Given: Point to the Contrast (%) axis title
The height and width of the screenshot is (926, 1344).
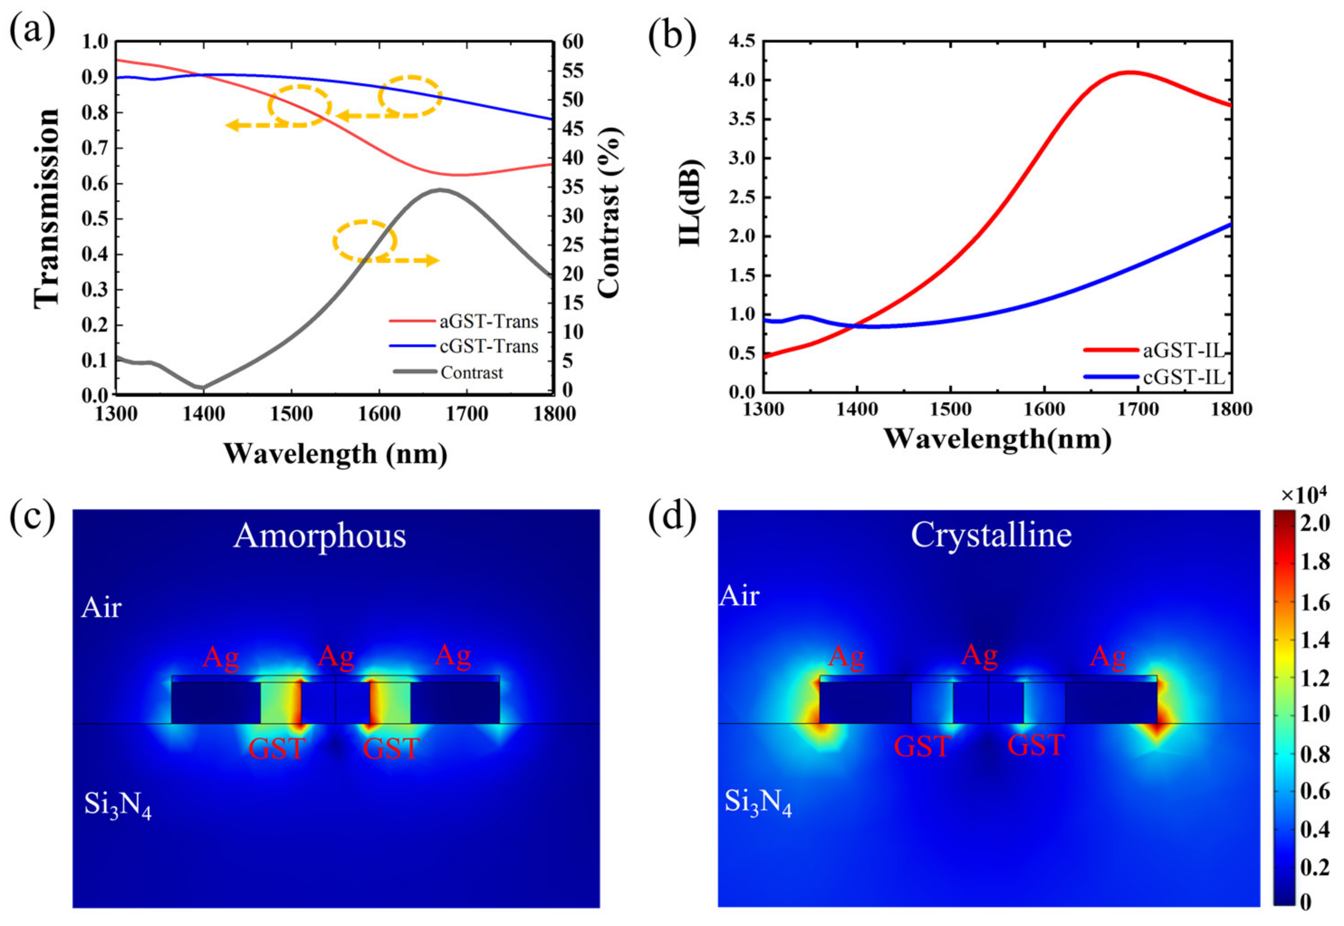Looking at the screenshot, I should click(609, 213).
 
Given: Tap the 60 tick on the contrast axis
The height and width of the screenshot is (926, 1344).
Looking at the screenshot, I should click(572, 42).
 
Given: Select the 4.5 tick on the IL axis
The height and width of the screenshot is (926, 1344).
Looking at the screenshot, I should click(742, 41).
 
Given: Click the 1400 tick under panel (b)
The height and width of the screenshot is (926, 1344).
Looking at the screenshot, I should click(856, 409).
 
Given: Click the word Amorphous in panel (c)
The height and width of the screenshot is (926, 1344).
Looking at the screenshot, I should click(320, 535).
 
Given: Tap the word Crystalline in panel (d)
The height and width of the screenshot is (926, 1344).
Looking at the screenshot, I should click(991, 535).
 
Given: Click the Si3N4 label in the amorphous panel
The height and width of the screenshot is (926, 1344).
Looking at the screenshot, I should click(118, 805).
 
